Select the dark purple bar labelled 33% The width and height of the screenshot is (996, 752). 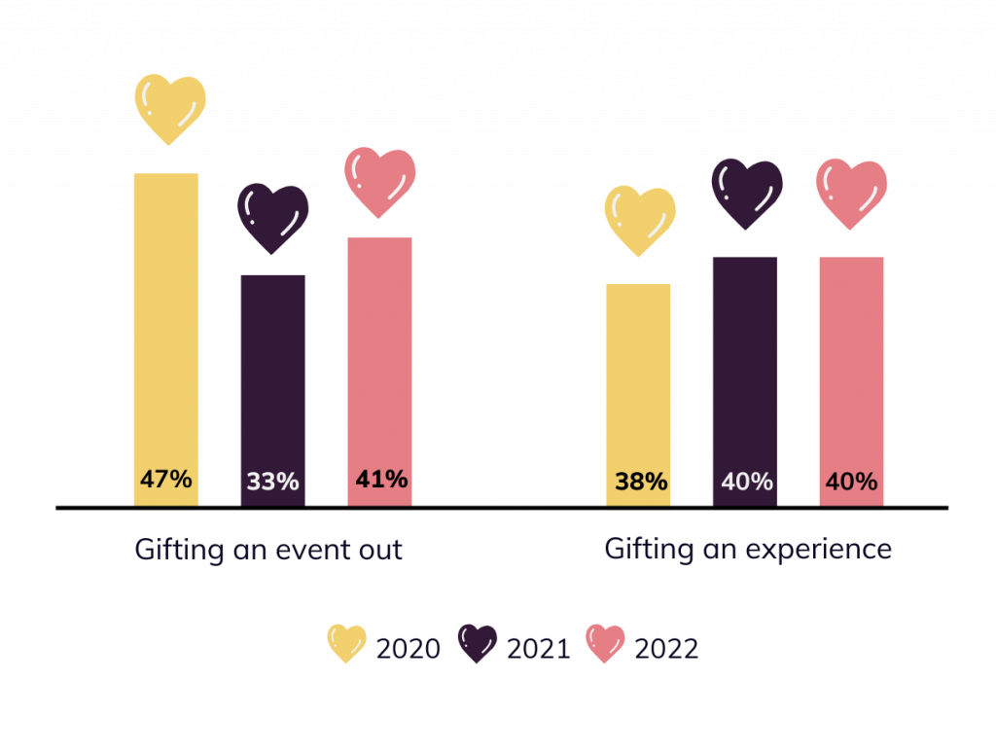(272, 379)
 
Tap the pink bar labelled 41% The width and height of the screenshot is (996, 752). (379, 360)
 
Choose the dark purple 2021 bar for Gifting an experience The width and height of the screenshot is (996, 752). (745, 370)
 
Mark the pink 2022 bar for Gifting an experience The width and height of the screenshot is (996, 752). (851, 370)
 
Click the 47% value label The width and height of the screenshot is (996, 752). (165, 480)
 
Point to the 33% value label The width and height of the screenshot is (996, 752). (272, 482)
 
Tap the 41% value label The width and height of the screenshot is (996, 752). (380, 480)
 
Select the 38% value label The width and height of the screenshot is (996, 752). (640, 482)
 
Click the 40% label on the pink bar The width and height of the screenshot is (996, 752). (851, 482)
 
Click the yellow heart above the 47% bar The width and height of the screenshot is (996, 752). (170, 107)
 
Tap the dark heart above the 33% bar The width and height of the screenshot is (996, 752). (273, 217)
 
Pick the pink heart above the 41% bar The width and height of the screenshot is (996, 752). (380, 181)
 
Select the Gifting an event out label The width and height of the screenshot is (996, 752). (268, 550)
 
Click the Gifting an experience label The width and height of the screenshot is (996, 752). (747, 550)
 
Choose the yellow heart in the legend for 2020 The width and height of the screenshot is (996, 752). (346, 643)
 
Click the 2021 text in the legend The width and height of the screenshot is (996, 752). (538, 649)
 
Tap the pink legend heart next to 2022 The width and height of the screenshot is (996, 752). (605, 643)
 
